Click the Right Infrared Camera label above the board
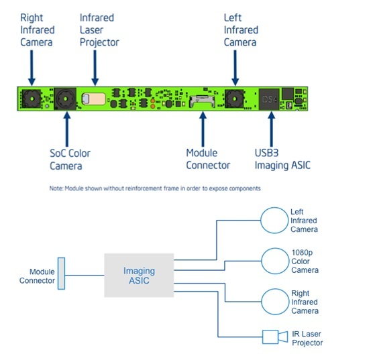[38, 30]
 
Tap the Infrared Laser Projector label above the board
[99, 30]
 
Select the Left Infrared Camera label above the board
[241, 30]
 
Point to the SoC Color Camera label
[70, 160]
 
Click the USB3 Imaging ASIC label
[282, 159]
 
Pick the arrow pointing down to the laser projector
[95, 68]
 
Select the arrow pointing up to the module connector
[203, 129]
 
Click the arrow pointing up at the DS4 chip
[271, 129]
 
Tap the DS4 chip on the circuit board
[269, 99]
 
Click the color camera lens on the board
[65, 99]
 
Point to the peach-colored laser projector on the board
[94, 99]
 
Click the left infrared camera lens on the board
[235, 99]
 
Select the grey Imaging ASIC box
[139, 276]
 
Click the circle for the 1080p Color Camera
[275, 261]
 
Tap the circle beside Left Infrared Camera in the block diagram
[274, 221]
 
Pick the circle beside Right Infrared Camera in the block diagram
[275, 302]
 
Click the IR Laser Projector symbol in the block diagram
[275, 337]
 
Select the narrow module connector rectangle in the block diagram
[61, 274]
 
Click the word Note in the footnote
[56, 188]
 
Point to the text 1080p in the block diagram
[302, 252]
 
